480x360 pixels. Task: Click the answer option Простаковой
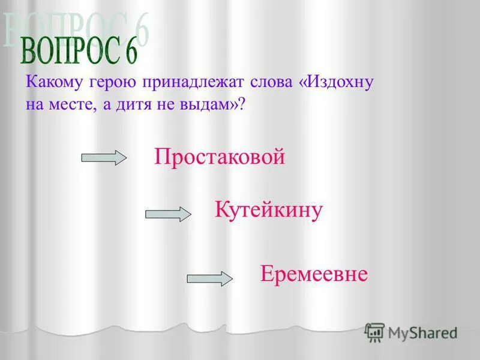219,158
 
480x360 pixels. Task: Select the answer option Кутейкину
269,211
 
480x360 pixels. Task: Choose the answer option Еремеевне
314,274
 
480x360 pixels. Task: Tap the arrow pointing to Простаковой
104,158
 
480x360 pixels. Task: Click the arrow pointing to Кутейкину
168,214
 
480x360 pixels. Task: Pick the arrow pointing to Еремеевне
210,278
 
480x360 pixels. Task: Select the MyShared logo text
422,332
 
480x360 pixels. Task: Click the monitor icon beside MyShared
374,332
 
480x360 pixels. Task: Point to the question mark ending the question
242,104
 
